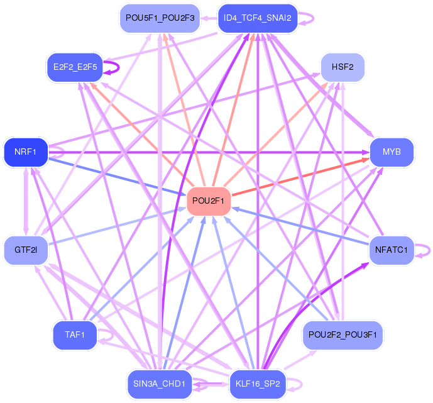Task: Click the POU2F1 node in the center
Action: click(209, 201)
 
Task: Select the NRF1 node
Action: click(26, 152)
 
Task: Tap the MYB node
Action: click(392, 152)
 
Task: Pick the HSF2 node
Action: click(343, 67)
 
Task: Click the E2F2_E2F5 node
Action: click(75, 67)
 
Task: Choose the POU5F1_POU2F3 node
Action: click(160, 18)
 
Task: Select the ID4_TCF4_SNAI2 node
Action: click(258, 18)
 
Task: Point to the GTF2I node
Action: click(26, 250)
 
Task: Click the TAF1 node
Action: click(75, 334)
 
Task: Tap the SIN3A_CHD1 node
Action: click(160, 384)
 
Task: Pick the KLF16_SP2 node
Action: click(258, 384)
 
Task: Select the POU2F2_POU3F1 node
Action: click(343, 334)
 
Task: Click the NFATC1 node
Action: click(392, 250)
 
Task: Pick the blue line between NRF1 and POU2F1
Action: click(118, 177)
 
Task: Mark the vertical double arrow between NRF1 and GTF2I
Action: click(26, 201)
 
